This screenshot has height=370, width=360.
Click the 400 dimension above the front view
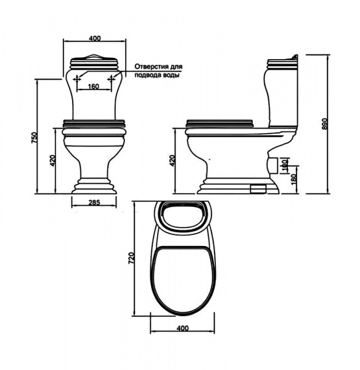point(95,38)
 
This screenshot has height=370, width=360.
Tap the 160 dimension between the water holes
point(94,86)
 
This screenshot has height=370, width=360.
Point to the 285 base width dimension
point(94,202)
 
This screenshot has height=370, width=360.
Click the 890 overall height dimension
point(325,124)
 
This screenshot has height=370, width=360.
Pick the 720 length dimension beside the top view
point(132,258)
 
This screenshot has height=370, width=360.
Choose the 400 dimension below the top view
point(183,328)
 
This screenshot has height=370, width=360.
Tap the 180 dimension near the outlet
point(293,179)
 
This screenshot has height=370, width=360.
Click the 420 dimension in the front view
point(52,161)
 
